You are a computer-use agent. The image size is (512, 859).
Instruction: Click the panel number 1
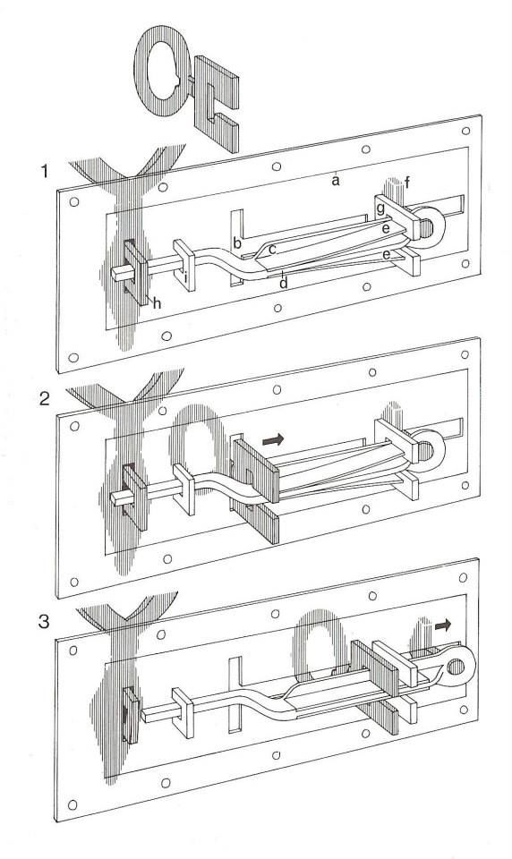click(x=45, y=172)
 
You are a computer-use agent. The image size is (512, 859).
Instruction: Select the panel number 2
click(x=45, y=398)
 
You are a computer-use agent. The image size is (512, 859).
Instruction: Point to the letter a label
click(x=336, y=180)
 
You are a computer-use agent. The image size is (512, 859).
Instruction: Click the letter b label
click(x=237, y=242)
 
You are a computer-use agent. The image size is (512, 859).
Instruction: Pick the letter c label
click(x=272, y=250)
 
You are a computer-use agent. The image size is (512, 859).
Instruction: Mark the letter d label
click(x=284, y=284)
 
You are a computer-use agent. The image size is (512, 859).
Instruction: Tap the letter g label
click(x=380, y=209)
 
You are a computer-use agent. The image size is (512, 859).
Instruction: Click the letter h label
click(x=157, y=303)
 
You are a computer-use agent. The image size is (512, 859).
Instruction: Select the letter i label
click(x=186, y=279)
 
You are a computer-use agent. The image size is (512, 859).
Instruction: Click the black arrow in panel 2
click(x=274, y=439)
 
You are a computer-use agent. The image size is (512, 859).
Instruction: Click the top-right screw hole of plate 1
click(x=465, y=131)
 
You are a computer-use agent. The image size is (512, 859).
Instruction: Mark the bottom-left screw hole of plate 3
click(x=73, y=804)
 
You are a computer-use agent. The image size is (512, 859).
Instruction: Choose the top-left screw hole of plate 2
click(x=74, y=426)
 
